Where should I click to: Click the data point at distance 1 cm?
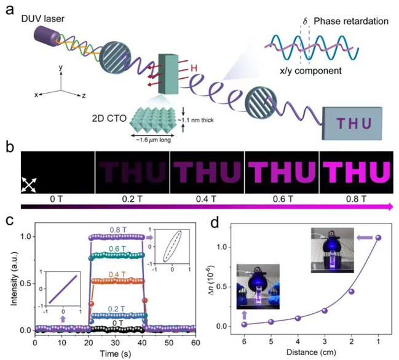(377, 238)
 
